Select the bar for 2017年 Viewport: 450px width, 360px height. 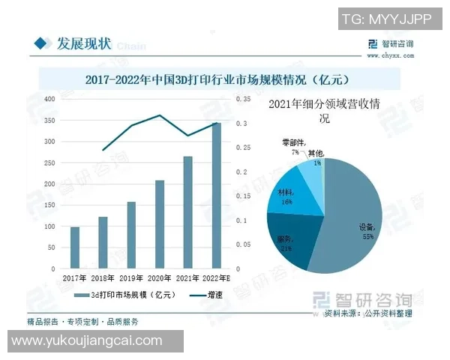click(x=75, y=247)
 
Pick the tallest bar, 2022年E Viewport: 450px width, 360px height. click(x=216, y=196)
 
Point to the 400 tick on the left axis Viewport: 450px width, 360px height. click(x=49, y=99)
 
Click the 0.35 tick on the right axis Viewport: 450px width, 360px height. click(x=242, y=99)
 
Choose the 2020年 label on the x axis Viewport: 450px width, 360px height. click(x=159, y=278)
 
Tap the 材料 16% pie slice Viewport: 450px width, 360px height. click(x=285, y=196)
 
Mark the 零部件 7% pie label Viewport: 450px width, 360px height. click(x=290, y=146)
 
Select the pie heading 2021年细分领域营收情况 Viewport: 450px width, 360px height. click(x=325, y=111)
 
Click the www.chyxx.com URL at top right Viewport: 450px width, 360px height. click(x=390, y=55)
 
